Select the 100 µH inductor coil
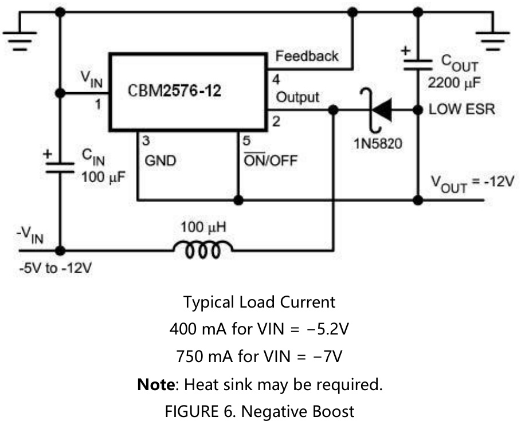(203, 250)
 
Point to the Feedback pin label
(307, 56)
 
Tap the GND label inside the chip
(161, 161)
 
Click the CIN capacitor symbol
(61, 166)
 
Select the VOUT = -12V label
(473, 183)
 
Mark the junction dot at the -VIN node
(61, 250)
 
